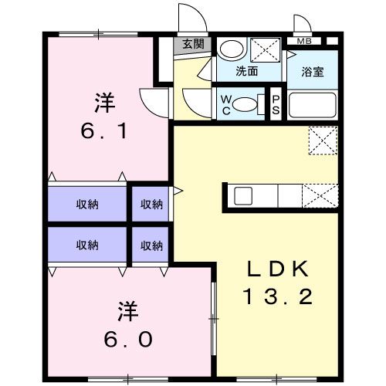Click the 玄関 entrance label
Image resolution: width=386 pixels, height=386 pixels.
tap(193, 44)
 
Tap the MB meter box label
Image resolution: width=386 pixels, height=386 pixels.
tap(304, 41)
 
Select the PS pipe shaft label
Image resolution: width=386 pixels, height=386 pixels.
tap(276, 105)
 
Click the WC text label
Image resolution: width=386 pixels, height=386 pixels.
tap(226, 105)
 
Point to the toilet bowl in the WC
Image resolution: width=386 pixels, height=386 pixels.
tap(245, 104)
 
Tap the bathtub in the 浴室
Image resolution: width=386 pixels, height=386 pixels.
tap(313, 105)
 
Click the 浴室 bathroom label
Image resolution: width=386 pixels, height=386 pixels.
tap(313, 72)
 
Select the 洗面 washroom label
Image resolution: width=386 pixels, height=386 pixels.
tap(246, 71)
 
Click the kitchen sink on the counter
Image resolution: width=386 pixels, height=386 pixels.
tap(243, 196)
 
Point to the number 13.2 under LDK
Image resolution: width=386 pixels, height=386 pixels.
tap(278, 296)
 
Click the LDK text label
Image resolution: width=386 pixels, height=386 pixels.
tap(278, 269)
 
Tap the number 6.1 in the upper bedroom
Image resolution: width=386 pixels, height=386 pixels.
tap(104, 130)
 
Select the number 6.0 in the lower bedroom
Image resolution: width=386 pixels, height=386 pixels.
tap(128, 339)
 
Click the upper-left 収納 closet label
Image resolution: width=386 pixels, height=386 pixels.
tap(87, 205)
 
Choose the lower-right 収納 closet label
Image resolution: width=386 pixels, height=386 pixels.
tap(151, 245)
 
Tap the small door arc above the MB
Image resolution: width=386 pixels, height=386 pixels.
tap(306, 19)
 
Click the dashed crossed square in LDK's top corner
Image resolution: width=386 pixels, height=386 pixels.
tap(323, 141)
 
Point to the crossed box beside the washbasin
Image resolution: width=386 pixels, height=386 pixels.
tap(266, 50)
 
